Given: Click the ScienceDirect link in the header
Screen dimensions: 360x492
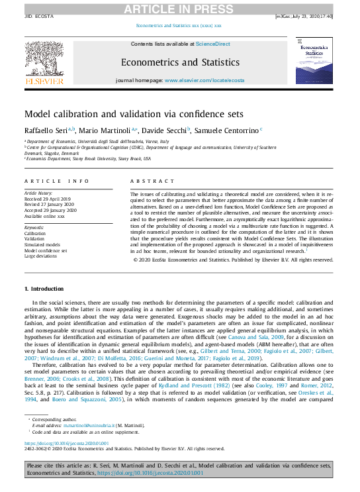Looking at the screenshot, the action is [212, 44].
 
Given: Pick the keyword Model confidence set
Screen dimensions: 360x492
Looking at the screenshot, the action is [46, 250].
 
